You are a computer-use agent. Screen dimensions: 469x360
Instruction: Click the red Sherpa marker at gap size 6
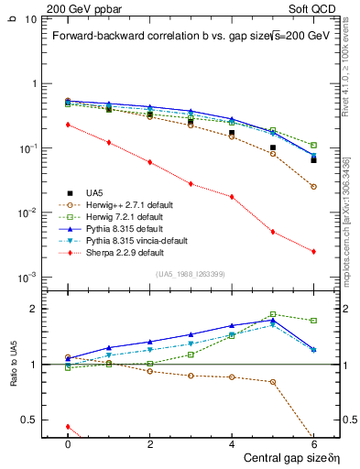click(313, 252)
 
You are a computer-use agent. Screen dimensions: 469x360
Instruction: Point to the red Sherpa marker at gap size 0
click(68, 125)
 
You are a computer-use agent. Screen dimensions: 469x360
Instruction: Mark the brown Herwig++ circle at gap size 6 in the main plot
click(313, 187)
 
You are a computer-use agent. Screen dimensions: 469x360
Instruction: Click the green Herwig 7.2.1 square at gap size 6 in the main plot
click(313, 145)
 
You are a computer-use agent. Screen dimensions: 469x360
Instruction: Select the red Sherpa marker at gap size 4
click(232, 197)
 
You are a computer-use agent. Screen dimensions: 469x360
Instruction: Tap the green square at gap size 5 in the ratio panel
click(273, 314)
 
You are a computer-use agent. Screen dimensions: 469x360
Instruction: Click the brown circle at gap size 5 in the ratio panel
click(273, 382)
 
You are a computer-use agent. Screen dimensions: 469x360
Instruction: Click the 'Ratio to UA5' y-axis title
click(13, 377)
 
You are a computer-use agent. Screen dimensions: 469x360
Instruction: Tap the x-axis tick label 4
click(232, 443)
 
